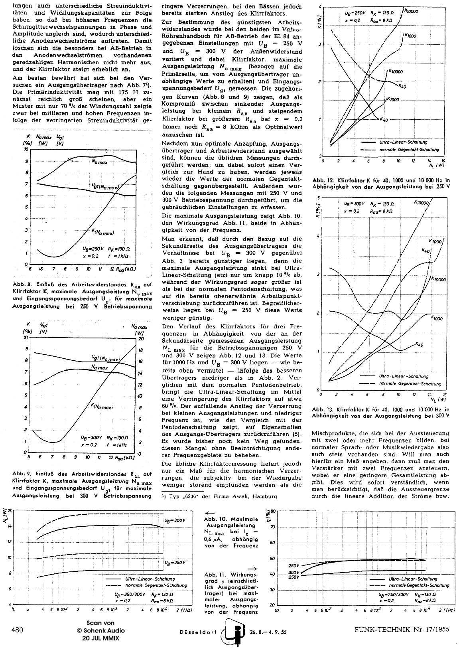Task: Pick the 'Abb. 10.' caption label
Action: click(215, 519)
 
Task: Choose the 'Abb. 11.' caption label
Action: click(215, 575)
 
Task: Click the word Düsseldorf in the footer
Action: click(193, 632)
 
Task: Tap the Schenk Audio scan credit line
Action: click(100, 630)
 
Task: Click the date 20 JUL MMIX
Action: click(100, 638)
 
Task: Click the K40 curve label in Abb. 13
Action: click(419, 344)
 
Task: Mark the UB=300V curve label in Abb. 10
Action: click(175, 520)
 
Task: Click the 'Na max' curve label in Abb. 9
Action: click(99, 367)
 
